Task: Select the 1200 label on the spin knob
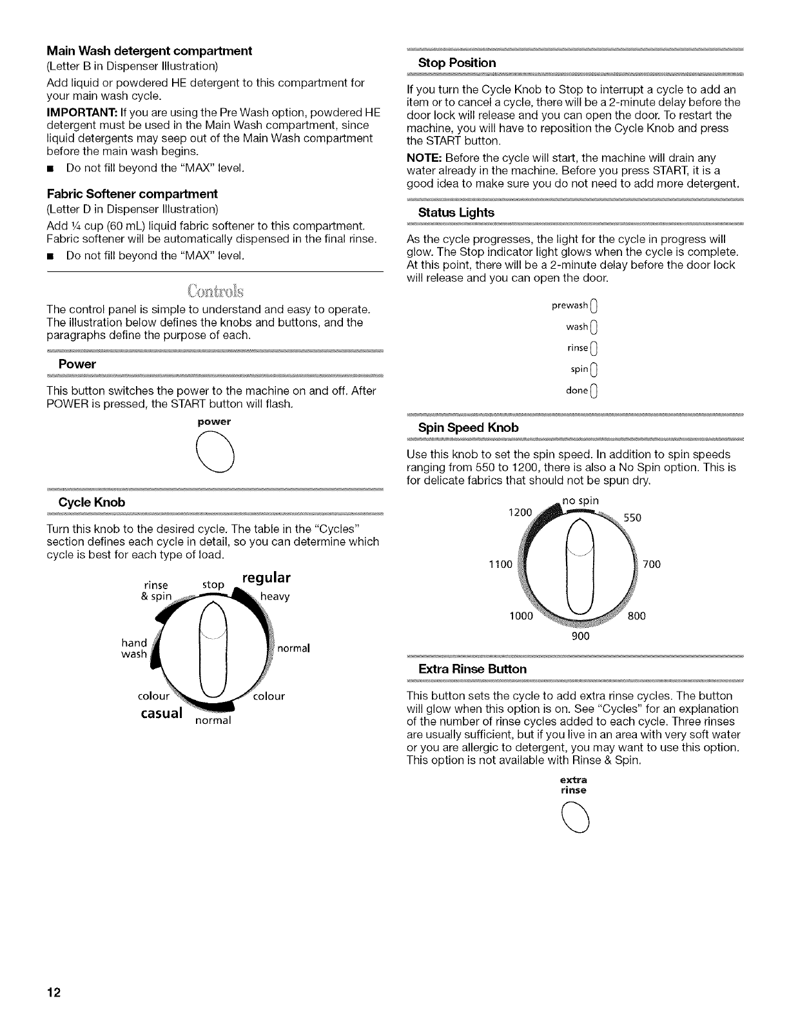pos(519,513)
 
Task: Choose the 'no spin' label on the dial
pos(581,500)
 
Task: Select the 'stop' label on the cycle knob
pos(213,585)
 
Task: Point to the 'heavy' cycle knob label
pos(275,597)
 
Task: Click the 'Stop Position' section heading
pos(457,63)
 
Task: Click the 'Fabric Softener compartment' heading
pos(132,194)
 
